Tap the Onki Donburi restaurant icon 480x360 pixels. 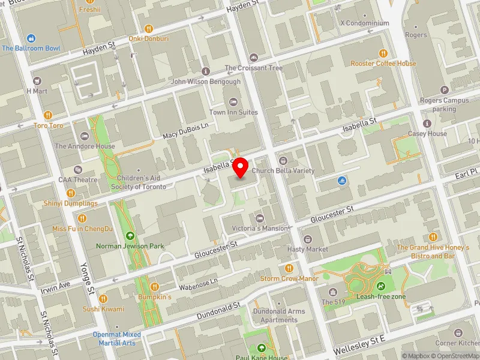[149, 28]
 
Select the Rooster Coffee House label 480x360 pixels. [384, 64]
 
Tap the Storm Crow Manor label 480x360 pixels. [289, 278]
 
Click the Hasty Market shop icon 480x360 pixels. [308, 239]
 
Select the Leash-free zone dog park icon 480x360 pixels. [382, 286]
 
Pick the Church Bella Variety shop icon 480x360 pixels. [283, 160]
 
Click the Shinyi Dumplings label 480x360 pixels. [70, 203]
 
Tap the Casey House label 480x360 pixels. [427, 134]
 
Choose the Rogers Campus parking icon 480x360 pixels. [445, 90]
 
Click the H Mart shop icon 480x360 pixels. [37, 80]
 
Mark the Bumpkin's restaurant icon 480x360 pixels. [155, 287]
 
